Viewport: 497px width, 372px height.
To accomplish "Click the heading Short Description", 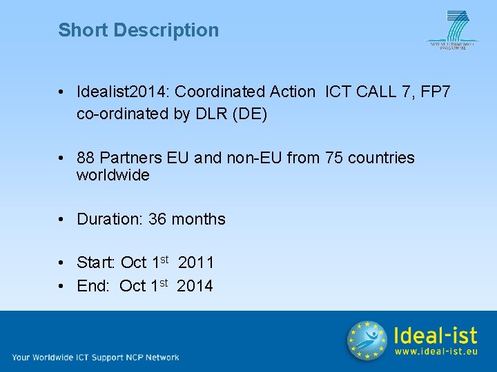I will [138, 30].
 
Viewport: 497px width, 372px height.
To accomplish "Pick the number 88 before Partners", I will [86, 158].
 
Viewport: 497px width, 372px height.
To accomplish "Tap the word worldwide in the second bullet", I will [113, 175].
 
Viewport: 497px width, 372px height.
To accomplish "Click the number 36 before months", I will [157, 219].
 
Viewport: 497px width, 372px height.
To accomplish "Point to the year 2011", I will [196, 262].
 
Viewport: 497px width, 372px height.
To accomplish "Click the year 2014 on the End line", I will [195, 286].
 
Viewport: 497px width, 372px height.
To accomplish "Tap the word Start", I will [95, 262].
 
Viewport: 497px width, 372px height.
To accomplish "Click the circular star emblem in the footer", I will [367, 340].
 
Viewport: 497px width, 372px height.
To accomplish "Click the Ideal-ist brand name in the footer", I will [435, 335].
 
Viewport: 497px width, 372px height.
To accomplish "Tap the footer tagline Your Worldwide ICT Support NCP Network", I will [95, 357].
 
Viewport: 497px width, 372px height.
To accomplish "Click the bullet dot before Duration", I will [62, 219].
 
